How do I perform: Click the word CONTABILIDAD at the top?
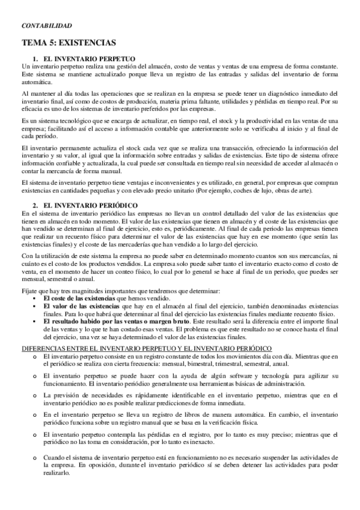pyautogui.click(x=46, y=26)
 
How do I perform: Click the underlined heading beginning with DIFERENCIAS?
pyautogui.click(x=147, y=349)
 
